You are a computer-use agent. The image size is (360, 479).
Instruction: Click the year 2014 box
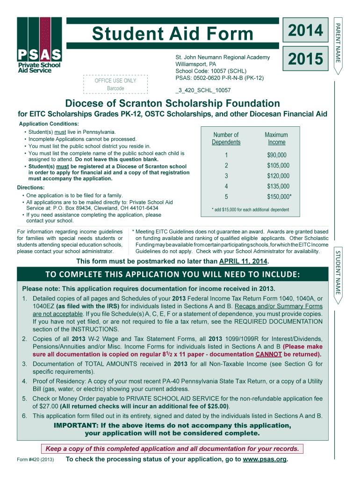click(x=305, y=31)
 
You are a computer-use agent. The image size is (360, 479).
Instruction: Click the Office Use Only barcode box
click(x=115, y=84)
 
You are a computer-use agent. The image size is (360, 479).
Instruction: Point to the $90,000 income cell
click(x=277, y=155)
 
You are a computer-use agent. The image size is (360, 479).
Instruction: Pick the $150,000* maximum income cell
click(x=279, y=197)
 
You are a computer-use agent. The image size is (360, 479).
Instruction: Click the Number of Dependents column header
click(x=226, y=138)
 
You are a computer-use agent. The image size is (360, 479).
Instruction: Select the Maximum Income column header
click(x=276, y=138)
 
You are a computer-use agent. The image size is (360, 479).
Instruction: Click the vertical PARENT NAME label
click(x=339, y=42)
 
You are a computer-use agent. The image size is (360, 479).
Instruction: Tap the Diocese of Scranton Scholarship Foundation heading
click(x=173, y=103)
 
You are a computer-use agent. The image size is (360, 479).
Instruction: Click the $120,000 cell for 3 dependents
click(x=278, y=176)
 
